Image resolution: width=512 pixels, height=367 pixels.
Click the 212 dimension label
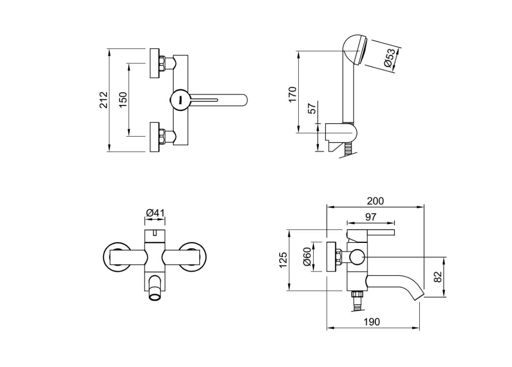click(103, 100)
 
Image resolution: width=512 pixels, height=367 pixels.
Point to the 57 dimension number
click(312, 108)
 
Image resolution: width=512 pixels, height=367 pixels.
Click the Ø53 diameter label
click(390, 58)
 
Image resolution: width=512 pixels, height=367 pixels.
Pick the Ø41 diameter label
click(155, 213)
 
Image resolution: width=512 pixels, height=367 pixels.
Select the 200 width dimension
click(375, 201)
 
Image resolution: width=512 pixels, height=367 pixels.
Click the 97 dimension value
click(371, 217)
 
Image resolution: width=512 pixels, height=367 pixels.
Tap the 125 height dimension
click(284, 260)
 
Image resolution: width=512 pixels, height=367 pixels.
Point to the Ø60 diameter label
click(307, 257)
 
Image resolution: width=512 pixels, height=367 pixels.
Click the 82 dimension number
click(438, 277)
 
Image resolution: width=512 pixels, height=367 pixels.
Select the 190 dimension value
click(372, 322)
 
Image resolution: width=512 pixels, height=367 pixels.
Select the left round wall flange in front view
click(116, 256)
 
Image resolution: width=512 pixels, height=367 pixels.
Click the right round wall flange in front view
click(193, 256)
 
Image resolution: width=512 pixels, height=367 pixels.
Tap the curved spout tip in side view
click(417, 294)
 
